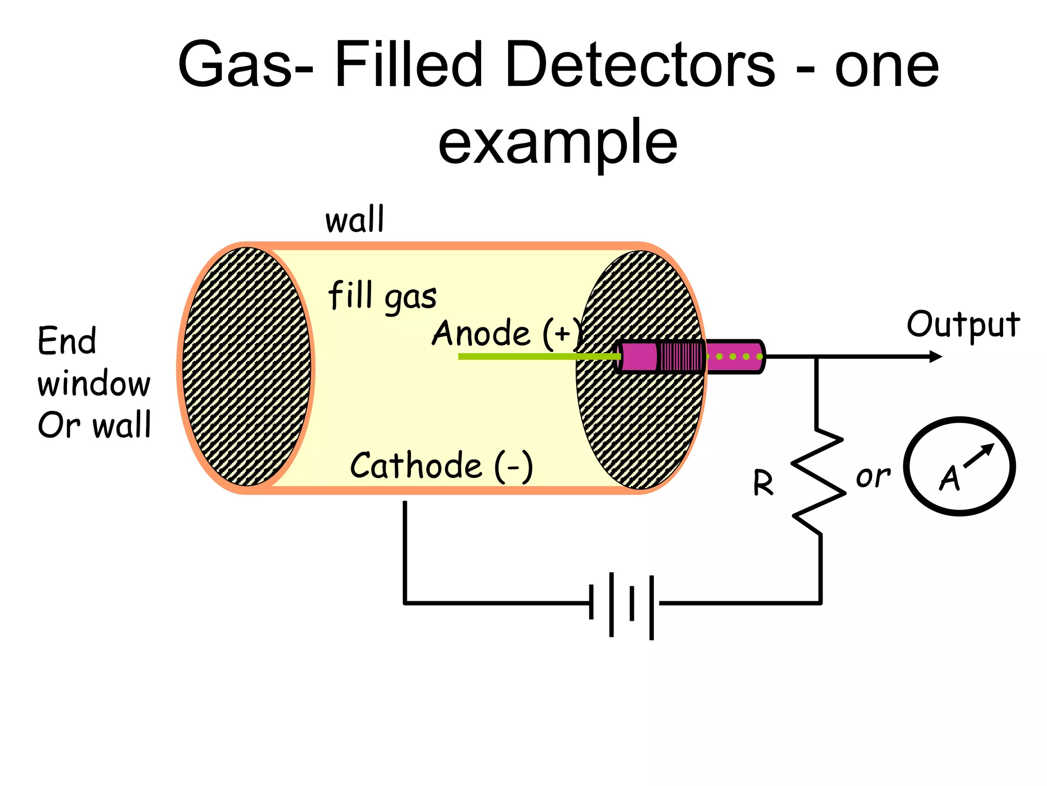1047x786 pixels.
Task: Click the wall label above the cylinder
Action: [x=354, y=220]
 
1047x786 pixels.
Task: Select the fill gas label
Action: [x=382, y=297]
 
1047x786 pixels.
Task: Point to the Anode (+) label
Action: [x=506, y=334]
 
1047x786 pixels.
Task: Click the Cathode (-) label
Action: [x=441, y=466]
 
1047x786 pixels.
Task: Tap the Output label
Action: [x=963, y=325]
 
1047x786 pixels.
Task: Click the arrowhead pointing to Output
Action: [x=936, y=357]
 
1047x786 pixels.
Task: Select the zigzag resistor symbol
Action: [x=817, y=481]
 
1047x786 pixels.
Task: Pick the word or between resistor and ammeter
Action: [x=873, y=477]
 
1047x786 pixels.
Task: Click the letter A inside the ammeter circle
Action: [x=950, y=478]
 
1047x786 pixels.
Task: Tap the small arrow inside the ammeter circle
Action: [x=980, y=454]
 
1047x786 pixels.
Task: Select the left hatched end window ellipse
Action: [x=246, y=366]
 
